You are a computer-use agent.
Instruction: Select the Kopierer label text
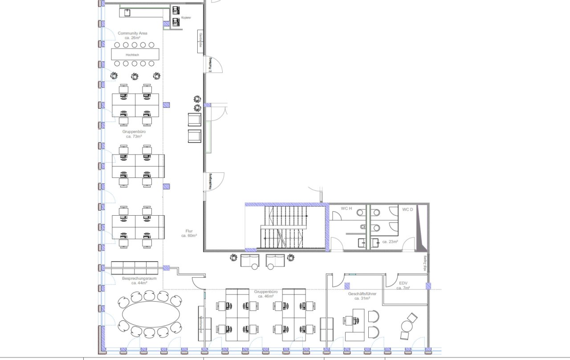tap(186, 18)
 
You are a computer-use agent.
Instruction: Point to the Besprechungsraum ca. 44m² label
tap(139, 281)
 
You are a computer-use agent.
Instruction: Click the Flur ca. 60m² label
tap(189, 233)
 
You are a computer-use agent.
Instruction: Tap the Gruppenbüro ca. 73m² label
tap(134, 134)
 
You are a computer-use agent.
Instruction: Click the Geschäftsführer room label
tap(362, 296)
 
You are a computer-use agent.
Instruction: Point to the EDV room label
tap(403, 286)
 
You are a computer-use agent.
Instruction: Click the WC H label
tap(346, 209)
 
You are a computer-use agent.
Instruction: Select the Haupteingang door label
tap(210, 182)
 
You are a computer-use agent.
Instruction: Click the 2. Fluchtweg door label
tap(210, 65)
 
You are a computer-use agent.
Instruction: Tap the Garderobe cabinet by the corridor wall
tap(201, 41)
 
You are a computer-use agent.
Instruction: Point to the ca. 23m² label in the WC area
tap(389, 241)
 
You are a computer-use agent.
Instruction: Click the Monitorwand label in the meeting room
tap(201, 323)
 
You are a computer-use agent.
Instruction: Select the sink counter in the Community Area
tap(142, 13)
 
